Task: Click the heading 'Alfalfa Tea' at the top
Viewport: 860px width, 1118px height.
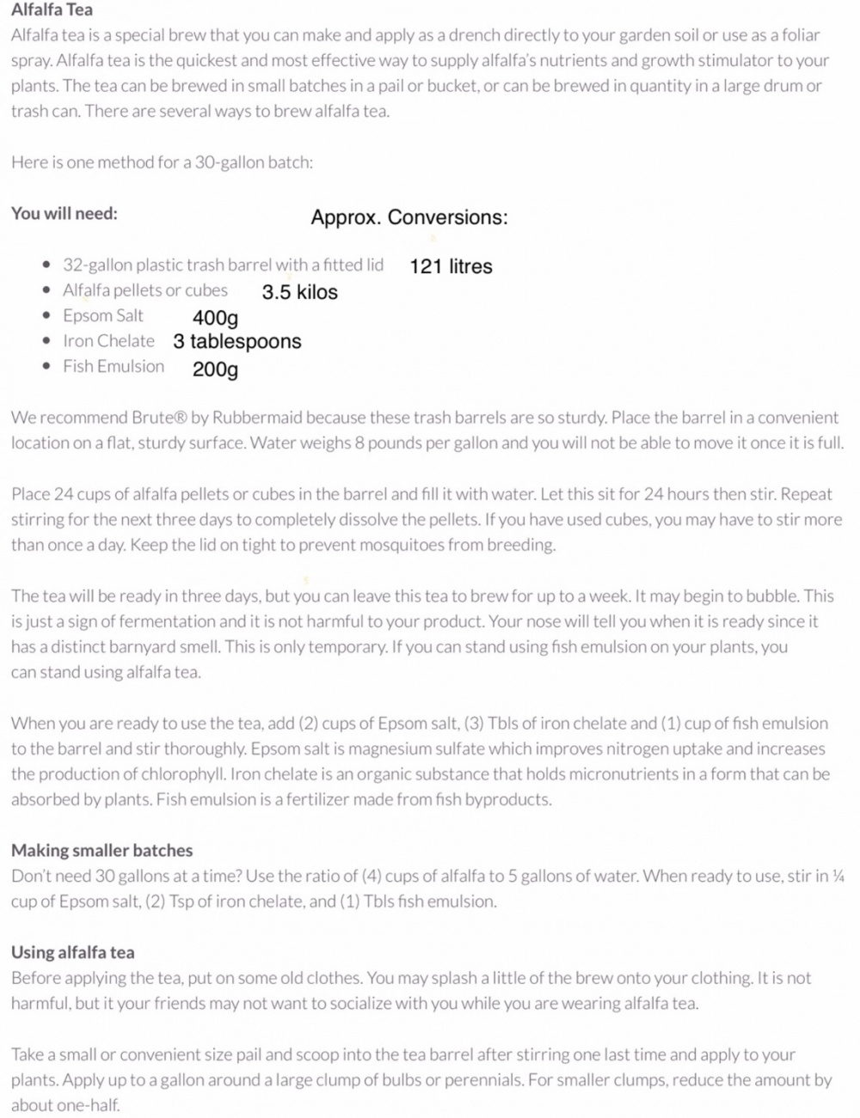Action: (x=52, y=10)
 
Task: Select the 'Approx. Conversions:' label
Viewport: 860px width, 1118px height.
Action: (x=409, y=217)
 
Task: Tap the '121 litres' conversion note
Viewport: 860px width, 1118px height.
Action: (x=451, y=266)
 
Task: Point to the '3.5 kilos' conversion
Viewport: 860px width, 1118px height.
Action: (x=299, y=292)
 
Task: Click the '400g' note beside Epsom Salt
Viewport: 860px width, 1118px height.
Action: (x=215, y=318)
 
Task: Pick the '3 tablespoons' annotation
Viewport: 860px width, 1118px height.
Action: (x=236, y=342)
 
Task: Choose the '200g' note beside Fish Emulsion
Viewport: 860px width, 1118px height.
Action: (x=215, y=370)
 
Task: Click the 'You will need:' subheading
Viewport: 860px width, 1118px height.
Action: (x=64, y=214)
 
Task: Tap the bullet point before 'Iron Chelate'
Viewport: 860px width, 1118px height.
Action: (x=46, y=342)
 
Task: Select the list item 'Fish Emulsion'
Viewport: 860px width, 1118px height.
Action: (x=114, y=367)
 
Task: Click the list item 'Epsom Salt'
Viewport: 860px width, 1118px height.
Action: (x=103, y=316)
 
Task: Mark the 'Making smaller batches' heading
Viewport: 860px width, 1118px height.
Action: (x=101, y=851)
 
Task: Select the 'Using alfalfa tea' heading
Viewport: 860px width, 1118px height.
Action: (x=73, y=953)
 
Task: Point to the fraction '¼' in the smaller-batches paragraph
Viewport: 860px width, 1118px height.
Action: (x=838, y=877)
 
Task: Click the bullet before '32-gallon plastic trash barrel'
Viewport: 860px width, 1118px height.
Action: (x=46, y=266)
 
